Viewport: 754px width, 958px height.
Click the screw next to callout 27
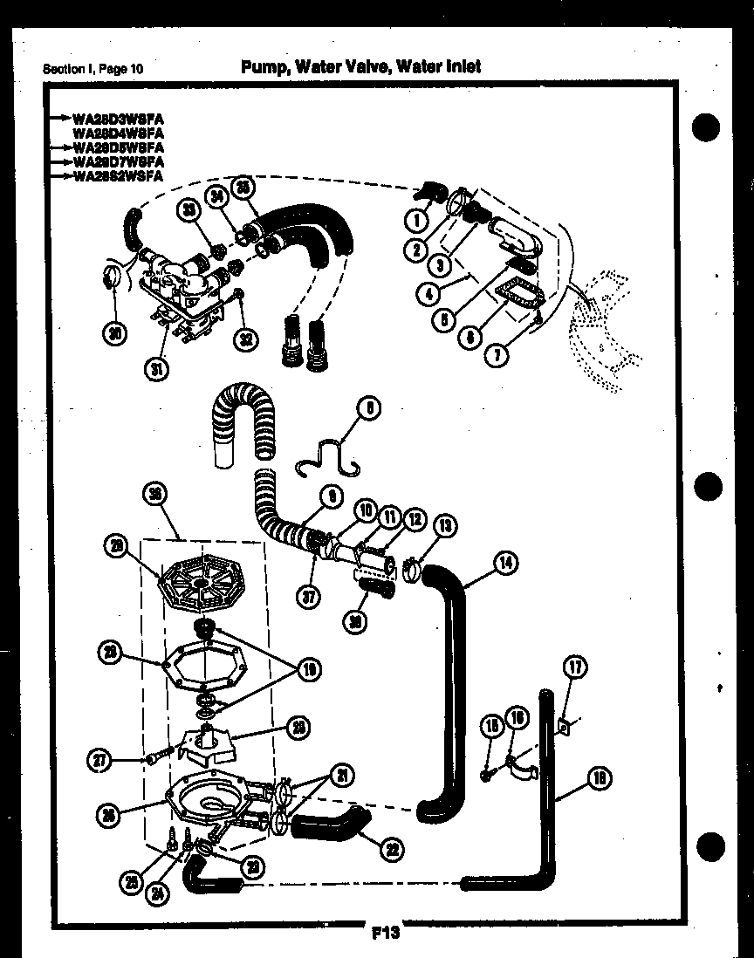pos(154,759)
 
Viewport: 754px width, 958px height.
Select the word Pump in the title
pos(265,66)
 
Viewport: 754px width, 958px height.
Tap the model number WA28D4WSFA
pos(119,133)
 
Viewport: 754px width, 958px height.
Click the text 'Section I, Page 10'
pos(93,69)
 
